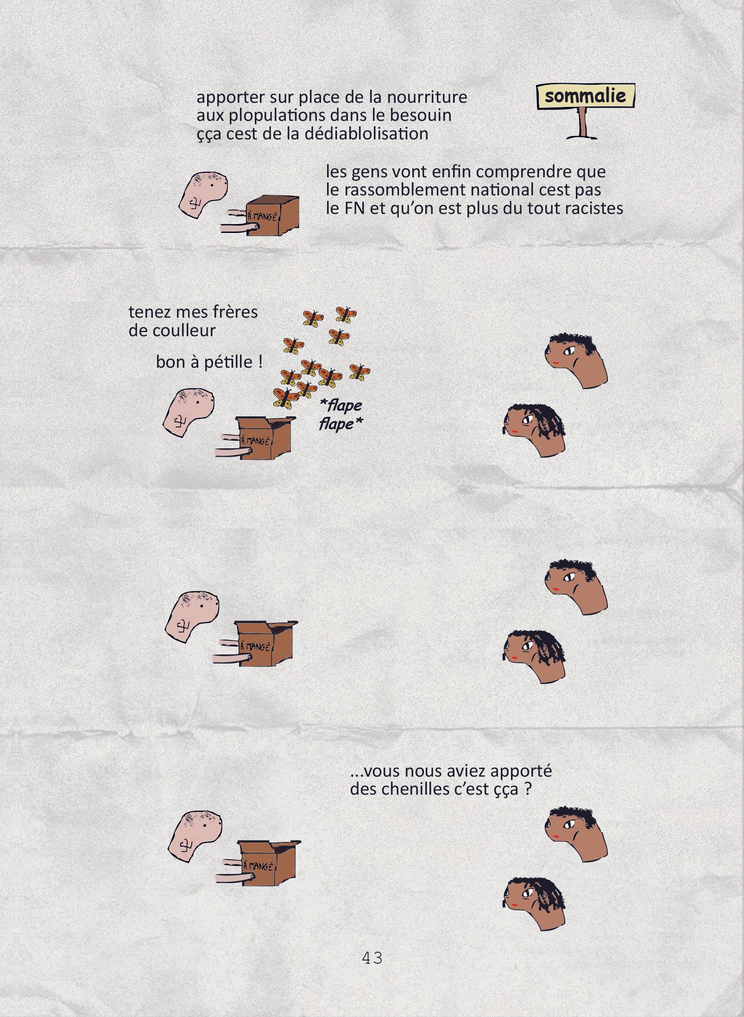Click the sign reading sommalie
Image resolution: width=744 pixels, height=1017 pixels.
coord(586,96)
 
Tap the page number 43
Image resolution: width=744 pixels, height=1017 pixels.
coord(372,957)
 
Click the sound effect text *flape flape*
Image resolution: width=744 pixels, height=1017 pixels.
coord(341,414)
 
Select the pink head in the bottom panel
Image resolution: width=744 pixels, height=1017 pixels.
coord(194,836)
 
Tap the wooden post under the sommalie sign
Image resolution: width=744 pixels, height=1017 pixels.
coord(582,123)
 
